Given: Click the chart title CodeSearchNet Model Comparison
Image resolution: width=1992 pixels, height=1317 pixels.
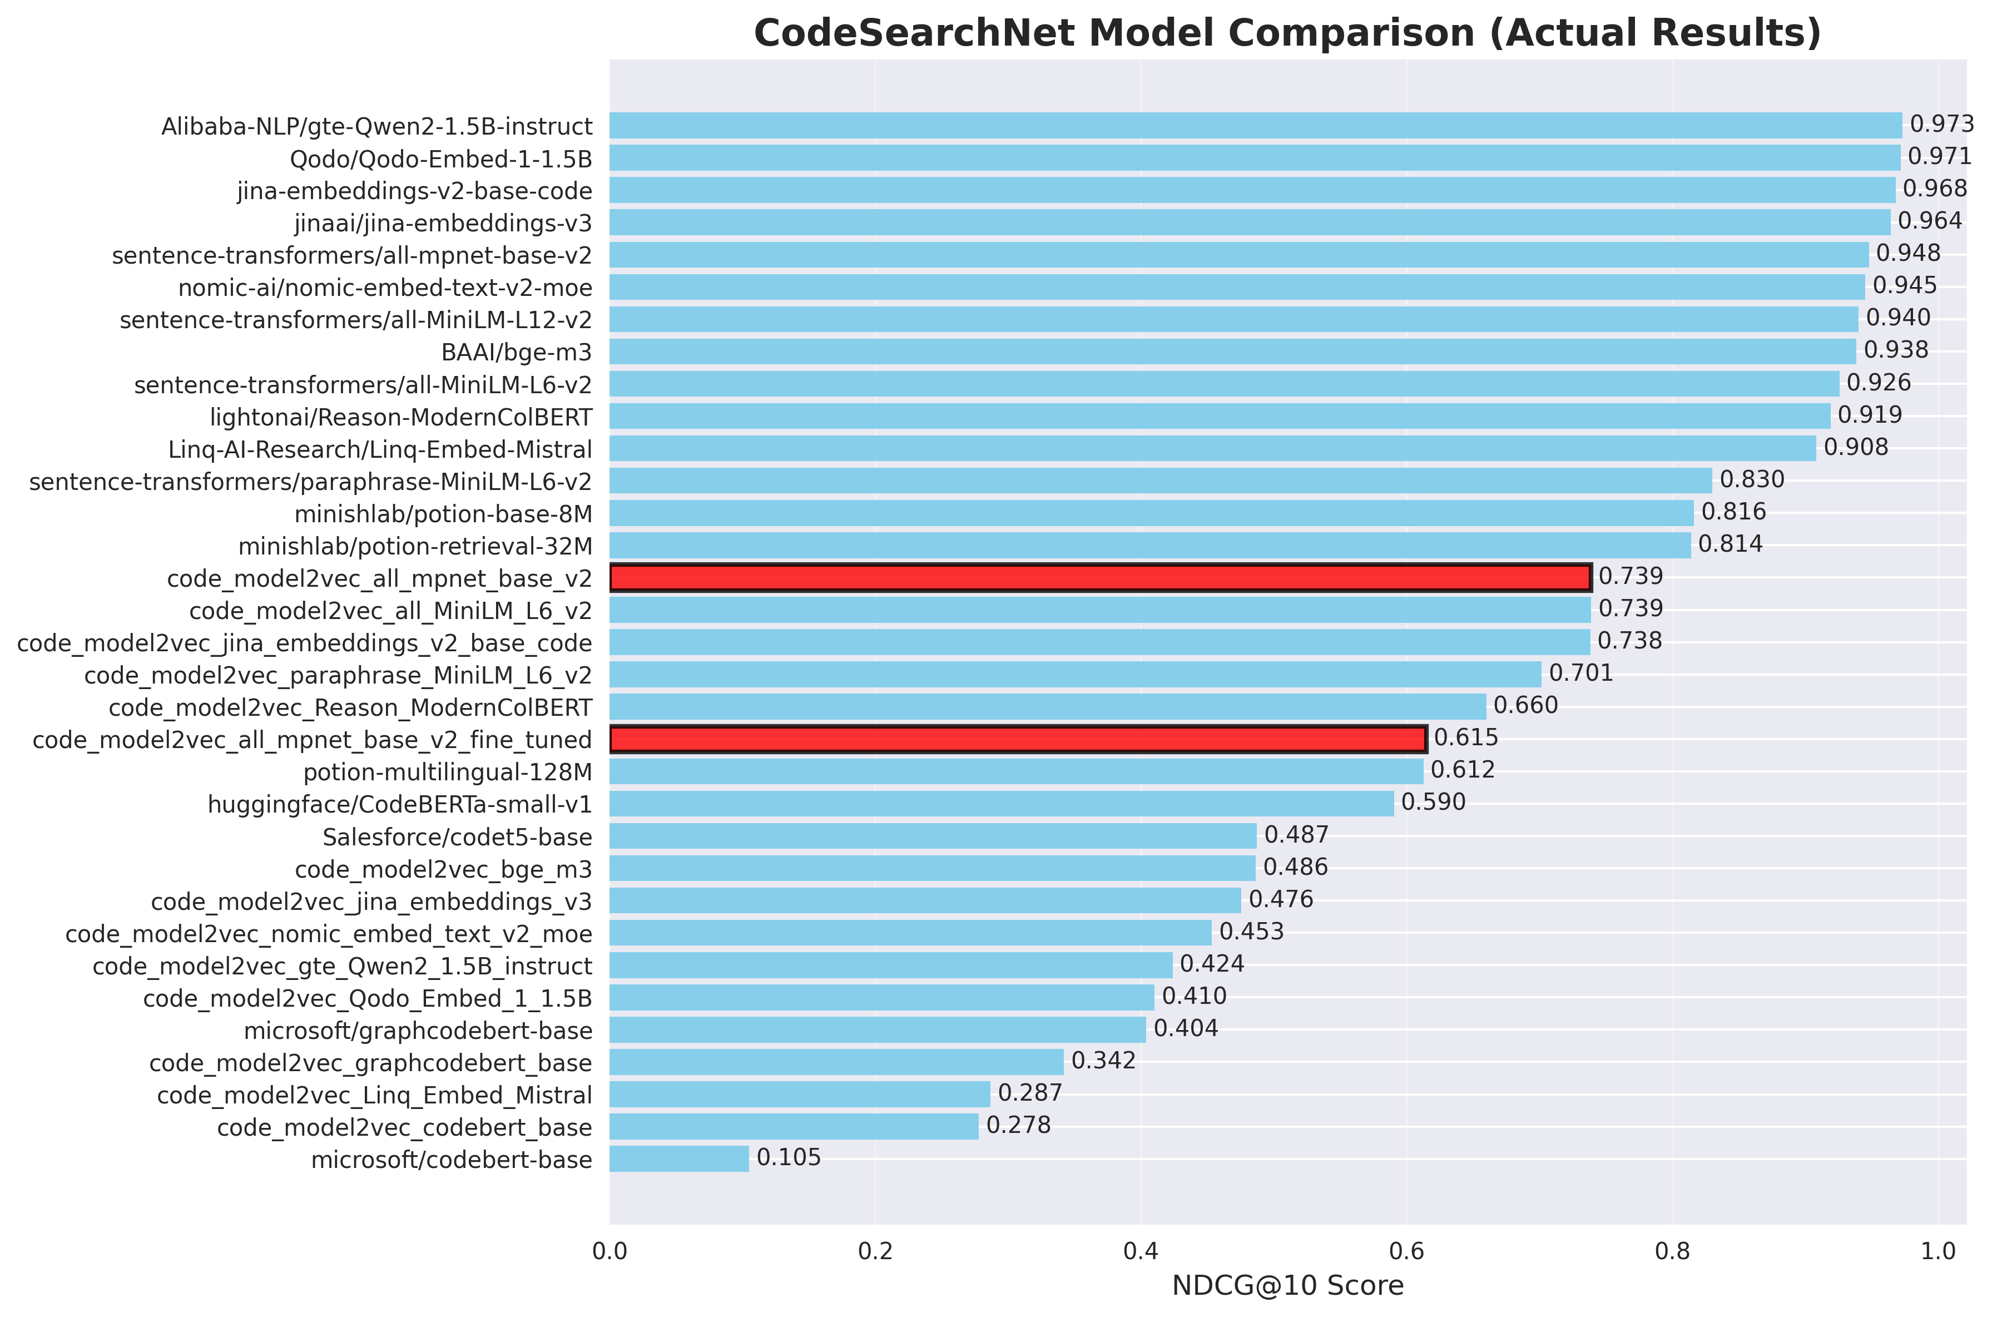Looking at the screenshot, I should pyautogui.click(x=1287, y=33).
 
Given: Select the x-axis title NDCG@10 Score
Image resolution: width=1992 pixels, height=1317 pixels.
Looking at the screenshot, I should pyautogui.click(x=1287, y=1286).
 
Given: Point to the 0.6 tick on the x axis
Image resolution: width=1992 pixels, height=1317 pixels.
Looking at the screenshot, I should pyautogui.click(x=1406, y=1251).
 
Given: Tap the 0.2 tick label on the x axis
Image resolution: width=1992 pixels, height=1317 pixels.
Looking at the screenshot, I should pyautogui.click(x=875, y=1251).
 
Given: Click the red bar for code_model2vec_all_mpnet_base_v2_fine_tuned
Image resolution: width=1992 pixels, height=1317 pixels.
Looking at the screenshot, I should pyautogui.click(x=1017, y=739).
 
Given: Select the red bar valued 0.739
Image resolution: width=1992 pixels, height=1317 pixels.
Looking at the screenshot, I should pyautogui.click(x=1099, y=578).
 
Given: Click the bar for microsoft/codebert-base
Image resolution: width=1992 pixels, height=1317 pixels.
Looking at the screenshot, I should pyautogui.click(x=678, y=1158).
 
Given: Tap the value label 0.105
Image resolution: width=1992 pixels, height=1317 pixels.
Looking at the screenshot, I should pyautogui.click(x=789, y=1157).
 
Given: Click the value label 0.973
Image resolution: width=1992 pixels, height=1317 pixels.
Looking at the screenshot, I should pyautogui.click(x=1941, y=125).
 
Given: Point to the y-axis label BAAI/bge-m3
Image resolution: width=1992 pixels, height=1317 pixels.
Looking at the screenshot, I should pyautogui.click(x=517, y=352).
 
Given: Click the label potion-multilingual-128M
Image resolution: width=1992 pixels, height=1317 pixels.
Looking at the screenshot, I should pyautogui.click(x=448, y=773).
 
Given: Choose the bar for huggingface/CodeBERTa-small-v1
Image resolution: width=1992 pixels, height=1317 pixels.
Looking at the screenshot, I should pyautogui.click(x=1001, y=803).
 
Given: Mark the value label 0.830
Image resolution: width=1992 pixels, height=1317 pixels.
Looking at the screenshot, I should pyautogui.click(x=1752, y=479).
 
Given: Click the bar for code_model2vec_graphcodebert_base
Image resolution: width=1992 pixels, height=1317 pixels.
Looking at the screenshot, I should pyautogui.click(x=836, y=1062).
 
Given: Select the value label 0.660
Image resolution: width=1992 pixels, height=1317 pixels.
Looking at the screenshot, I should pyautogui.click(x=1525, y=706).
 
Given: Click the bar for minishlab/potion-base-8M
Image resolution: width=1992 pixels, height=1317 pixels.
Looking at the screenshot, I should pyautogui.click(x=1151, y=512).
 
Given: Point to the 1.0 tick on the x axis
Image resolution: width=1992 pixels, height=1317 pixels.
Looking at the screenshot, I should pyautogui.click(x=1938, y=1251).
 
